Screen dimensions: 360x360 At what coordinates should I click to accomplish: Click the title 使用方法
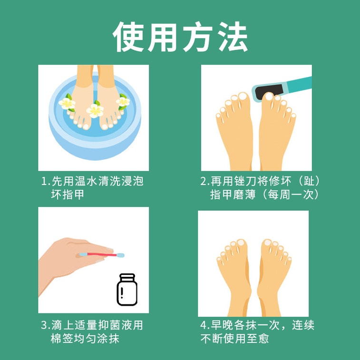point(180,37)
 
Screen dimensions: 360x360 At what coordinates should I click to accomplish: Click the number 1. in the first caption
point(46,181)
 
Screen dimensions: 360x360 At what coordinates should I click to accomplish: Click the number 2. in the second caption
point(205,181)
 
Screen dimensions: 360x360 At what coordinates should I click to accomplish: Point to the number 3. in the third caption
point(46,326)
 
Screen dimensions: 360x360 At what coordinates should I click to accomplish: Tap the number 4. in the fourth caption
point(205,326)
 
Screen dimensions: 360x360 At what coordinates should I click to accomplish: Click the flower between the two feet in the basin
point(95,110)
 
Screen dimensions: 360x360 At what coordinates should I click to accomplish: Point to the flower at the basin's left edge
point(67,102)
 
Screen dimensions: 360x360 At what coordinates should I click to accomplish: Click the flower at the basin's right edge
point(123,101)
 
